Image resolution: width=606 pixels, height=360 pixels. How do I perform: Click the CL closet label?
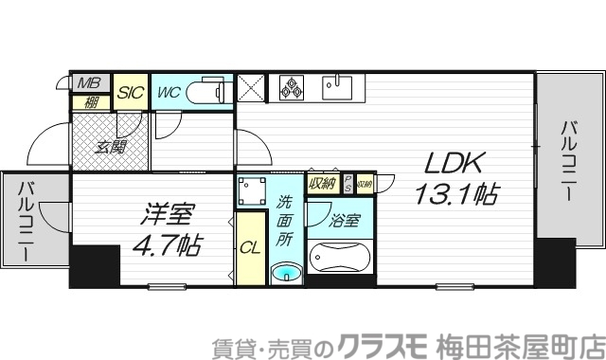[249, 249]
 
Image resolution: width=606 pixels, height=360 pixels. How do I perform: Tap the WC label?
[169, 92]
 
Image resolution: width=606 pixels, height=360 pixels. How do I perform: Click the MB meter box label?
[90, 81]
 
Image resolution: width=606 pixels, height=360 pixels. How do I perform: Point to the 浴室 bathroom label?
[344, 222]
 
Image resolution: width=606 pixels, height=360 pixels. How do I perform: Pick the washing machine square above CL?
[251, 193]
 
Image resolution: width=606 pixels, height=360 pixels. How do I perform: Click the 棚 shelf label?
[90, 100]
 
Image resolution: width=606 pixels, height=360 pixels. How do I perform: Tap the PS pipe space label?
[348, 182]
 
